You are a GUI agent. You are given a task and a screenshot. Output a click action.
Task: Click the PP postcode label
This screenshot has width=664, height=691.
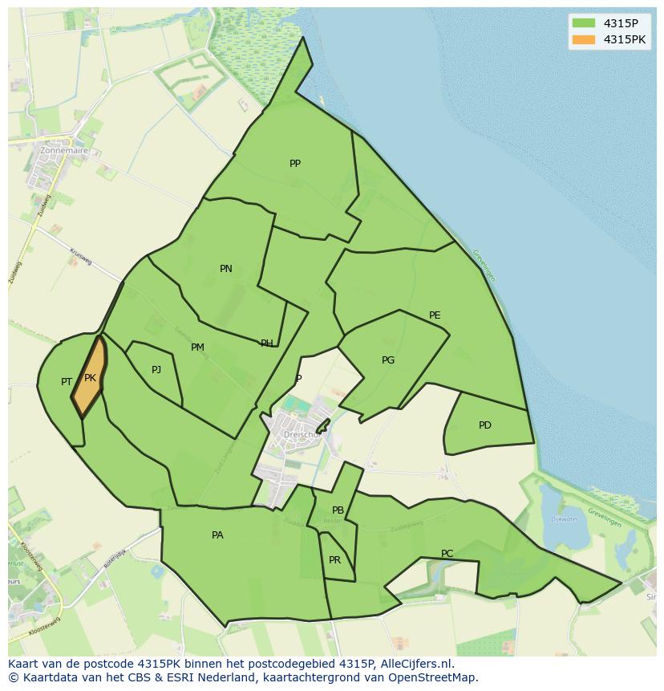tap(295, 164)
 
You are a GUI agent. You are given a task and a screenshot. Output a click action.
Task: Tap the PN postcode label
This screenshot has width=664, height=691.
tap(226, 269)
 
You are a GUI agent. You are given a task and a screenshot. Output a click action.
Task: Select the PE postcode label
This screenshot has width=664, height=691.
tap(435, 315)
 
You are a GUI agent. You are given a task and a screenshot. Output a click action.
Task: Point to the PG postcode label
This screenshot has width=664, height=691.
tap(388, 360)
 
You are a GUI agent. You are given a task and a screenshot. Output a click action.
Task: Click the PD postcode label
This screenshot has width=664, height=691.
tap(485, 425)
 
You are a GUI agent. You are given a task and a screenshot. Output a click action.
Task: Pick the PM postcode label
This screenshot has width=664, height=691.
tap(197, 348)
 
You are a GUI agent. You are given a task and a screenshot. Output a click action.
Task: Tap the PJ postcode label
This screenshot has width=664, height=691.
tap(156, 370)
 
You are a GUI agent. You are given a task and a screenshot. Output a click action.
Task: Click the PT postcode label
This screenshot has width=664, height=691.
tap(67, 382)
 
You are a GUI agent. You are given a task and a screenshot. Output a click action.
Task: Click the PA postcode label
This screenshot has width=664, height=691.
tap(217, 535)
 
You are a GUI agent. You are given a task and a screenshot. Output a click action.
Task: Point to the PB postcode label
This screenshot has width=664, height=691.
tap(338, 510)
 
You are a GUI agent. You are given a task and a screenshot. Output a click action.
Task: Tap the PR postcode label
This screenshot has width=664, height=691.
tap(334, 560)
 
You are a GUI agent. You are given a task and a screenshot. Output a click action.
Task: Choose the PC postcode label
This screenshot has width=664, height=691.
tap(447, 554)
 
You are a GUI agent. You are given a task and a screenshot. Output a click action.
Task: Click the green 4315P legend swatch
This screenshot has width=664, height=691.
tap(583, 22)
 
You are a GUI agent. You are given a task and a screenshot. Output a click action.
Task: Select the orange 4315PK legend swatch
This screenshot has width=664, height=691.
tap(583, 39)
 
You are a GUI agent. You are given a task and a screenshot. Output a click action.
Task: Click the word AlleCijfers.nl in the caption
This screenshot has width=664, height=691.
tap(415, 664)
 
